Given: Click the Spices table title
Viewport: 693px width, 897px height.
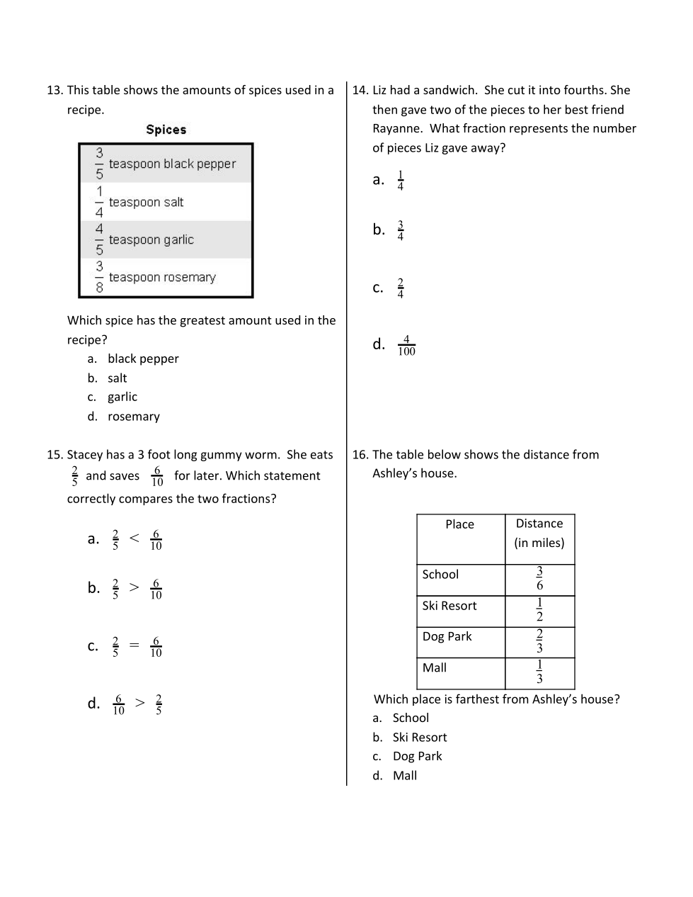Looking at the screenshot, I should tap(166, 130).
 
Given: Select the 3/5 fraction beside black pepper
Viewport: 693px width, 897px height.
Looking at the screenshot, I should tap(99, 163).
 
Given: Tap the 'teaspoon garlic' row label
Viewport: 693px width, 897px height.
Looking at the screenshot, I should tap(151, 239).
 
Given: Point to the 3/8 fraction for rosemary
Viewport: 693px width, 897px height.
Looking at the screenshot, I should tap(99, 277).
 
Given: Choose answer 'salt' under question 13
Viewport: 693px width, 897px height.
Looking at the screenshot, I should tap(118, 378).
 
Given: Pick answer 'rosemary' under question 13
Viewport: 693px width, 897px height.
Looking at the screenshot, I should tap(133, 417).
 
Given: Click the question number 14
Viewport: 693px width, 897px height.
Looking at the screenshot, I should tap(360, 90).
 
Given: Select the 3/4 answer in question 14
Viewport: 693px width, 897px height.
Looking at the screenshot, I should tap(401, 230).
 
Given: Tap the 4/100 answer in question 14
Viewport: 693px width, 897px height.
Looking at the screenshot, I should tap(406, 346).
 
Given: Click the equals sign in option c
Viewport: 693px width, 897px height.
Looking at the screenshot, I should tap(134, 645).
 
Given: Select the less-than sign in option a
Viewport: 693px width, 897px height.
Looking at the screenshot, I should tap(134, 538).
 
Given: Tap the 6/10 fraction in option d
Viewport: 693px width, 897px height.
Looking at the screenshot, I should tap(118, 704).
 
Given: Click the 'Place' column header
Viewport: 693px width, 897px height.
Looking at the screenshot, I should tap(459, 524).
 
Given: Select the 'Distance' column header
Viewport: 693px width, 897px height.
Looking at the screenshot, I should tap(539, 524).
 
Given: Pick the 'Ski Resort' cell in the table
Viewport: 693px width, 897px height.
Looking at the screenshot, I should tap(449, 606).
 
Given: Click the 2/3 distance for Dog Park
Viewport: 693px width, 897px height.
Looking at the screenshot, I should tap(539, 641).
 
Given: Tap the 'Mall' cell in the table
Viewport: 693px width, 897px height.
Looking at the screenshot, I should tap(435, 667).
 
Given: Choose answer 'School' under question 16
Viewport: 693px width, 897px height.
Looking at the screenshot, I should tap(411, 718).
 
